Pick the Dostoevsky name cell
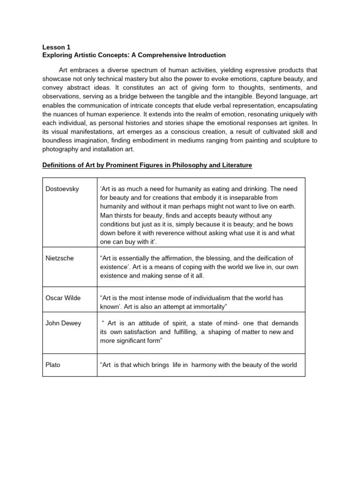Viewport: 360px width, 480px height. [x=62, y=189]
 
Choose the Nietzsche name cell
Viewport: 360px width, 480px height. [x=60, y=258]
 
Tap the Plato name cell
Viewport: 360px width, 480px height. [x=53, y=365]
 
